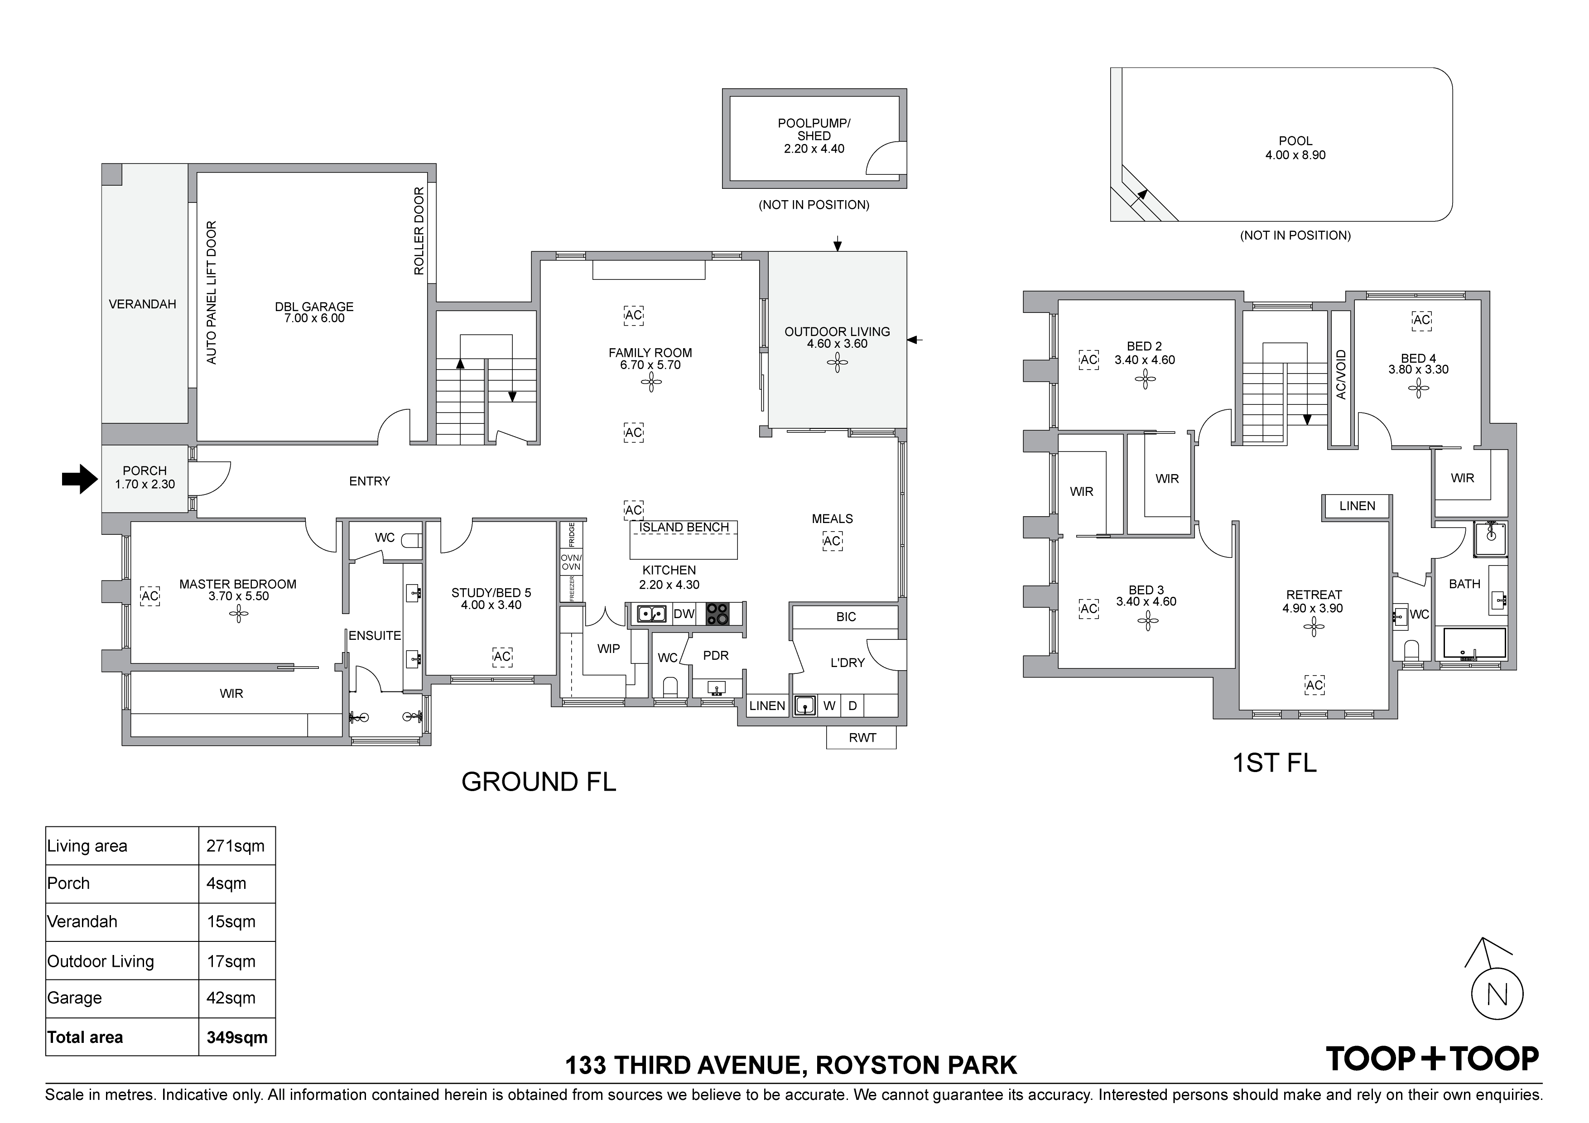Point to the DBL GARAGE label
[314, 312]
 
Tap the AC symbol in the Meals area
[833, 541]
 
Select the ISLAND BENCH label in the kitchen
[684, 527]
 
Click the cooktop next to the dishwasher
[717, 614]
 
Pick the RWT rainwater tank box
[862, 738]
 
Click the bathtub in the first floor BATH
[1475, 643]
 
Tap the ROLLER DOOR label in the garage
[419, 231]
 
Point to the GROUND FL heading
[539, 782]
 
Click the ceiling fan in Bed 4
[1418, 389]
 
